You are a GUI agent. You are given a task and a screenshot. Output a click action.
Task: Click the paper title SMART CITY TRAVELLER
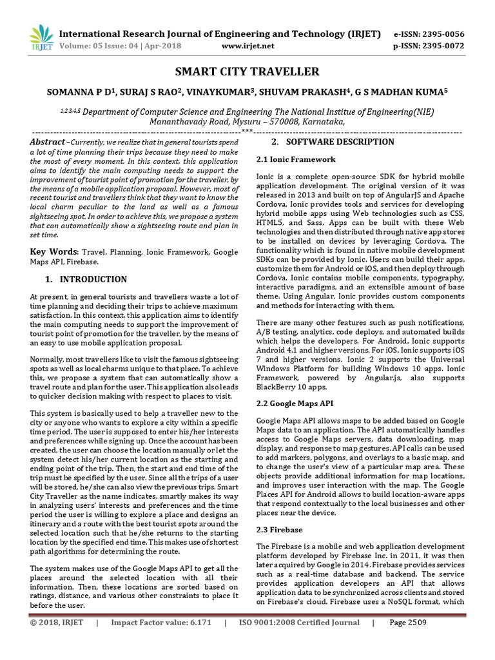pyautogui.click(x=247, y=71)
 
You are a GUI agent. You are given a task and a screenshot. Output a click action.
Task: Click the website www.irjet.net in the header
pyautogui.click(x=247, y=46)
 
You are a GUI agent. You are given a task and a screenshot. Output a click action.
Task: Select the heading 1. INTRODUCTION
pyautogui.click(x=86, y=279)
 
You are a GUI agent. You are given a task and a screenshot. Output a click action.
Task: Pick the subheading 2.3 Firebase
pyautogui.click(x=279, y=529)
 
